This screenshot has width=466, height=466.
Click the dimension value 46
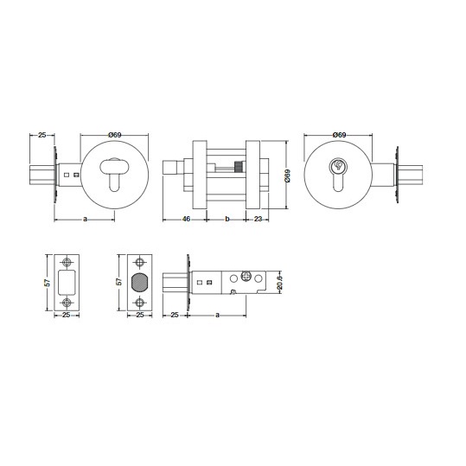tap(187, 219)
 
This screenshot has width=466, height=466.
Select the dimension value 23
tap(259, 219)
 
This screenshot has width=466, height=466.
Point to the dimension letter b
tap(227, 219)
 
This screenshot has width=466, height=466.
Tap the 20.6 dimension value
tap(279, 282)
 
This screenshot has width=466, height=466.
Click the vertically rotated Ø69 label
tap(287, 176)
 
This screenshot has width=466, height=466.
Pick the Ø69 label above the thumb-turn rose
tap(115, 135)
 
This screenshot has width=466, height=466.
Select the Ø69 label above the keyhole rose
tap(339, 135)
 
